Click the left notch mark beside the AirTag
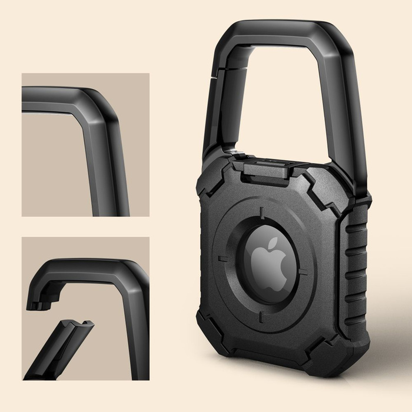click(222, 259)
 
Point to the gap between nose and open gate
click(56, 315)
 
